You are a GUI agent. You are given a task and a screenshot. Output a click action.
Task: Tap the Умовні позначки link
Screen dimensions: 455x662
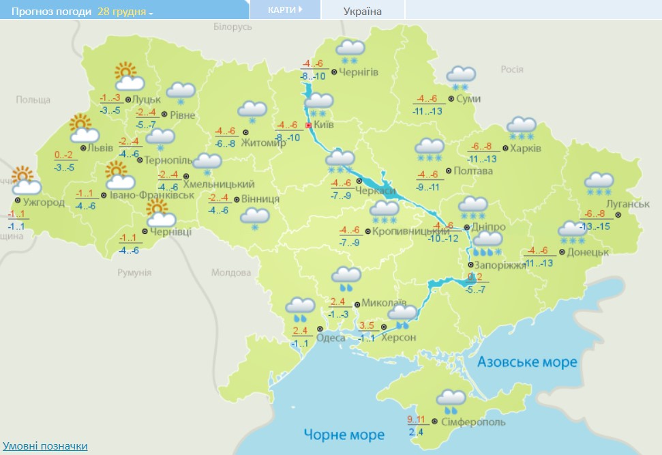[44, 445]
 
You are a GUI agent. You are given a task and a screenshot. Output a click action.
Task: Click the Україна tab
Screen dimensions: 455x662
[362, 11]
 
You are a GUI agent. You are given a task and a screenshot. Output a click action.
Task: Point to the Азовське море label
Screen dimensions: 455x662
[526, 362]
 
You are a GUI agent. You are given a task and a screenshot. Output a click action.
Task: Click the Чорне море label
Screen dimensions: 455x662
[344, 434]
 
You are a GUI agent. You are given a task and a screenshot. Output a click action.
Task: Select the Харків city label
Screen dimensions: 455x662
[527, 148]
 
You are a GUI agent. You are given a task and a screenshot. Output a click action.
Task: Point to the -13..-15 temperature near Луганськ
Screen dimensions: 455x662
[593, 226]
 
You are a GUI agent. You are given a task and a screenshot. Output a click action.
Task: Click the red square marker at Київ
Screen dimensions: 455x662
[309, 126]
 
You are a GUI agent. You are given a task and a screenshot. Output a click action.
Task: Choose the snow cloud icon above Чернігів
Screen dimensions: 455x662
[351, 51]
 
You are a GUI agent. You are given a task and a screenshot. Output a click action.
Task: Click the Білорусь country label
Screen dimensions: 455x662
[232, 27]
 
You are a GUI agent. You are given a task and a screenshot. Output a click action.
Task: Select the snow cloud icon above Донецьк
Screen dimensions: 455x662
[571, 232]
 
